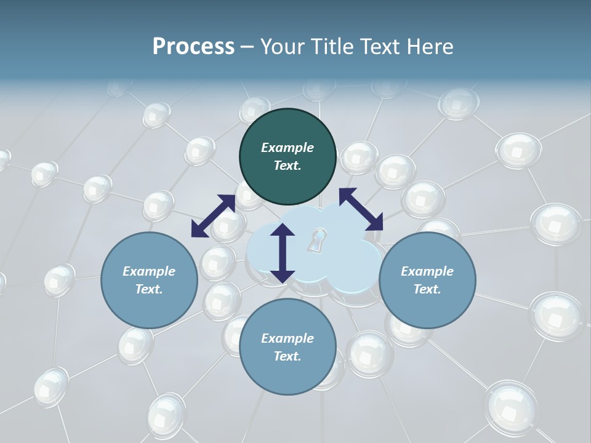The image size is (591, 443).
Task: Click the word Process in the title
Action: pyautogui.click(x=193, y=47)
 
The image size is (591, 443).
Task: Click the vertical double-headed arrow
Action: pyautogui.click(x=283, y=253)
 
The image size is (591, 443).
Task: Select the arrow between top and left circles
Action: pyautogui.click(x=213, y=216)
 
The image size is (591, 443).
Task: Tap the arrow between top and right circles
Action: pyautogui.click(x=361, y=209)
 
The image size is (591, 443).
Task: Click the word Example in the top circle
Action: pyautogui.click(x=287, y=148)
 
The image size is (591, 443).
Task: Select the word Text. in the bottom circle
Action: pyautogui.click(x=287, y=356)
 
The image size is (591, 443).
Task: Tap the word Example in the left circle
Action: pyautogui.click(x=149, y=271)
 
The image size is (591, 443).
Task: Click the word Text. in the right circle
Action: pyautogui.click(x=427, y=289)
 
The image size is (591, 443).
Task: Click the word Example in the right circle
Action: pyautogui.click(x=427, y=271)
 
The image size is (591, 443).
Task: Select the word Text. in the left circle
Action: pyautogui.click(x=149, y=289)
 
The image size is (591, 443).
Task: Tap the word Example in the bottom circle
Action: pyautogui.click(x=287, y=338)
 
